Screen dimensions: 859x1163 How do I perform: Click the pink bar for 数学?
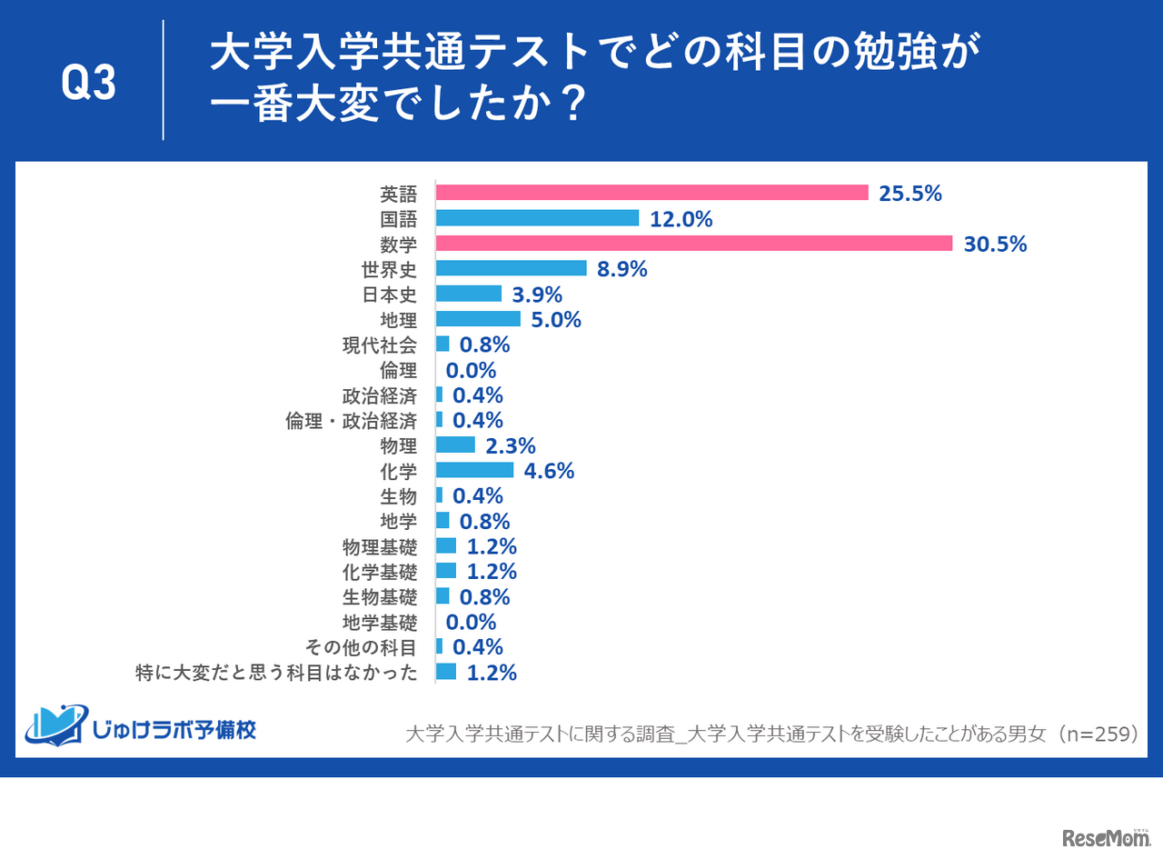click(x=693, y=244)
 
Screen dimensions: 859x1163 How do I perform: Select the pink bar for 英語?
click(x=652, y=193)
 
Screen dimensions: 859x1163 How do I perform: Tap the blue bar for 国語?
click(x=537, y=218)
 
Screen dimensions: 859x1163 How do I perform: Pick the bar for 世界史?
click(x=511, y=268)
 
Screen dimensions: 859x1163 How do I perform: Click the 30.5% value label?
click(x=997, y=244)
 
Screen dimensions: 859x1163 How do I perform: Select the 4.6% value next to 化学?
click(x=548, y=471)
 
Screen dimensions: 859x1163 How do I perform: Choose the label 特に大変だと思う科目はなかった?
click(x=276, y=673)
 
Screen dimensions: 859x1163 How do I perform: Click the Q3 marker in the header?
click(x=88, y=84)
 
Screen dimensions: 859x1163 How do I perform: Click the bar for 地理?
click(x=478, y=319)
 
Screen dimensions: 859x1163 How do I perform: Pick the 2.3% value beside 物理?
click(x=510, y=445)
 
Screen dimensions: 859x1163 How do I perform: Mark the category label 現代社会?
click(x=380, y=345)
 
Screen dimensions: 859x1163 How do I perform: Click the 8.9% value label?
click(x=621, y=269)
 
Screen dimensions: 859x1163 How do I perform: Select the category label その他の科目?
click(x=380, y=647)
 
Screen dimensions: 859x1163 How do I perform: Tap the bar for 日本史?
click(x=468, y=294)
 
